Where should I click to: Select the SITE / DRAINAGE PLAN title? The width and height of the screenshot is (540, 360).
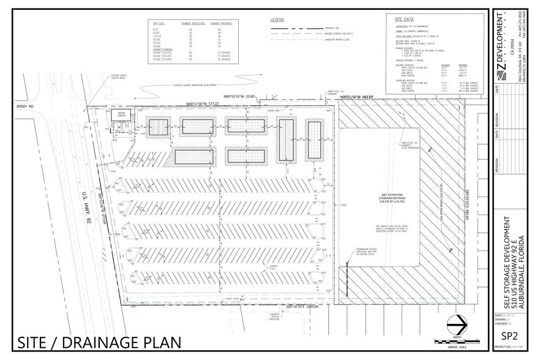pyautogui.click(x=100, y=341)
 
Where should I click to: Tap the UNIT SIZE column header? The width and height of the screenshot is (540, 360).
pyautogui.click(x=161, y=23)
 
